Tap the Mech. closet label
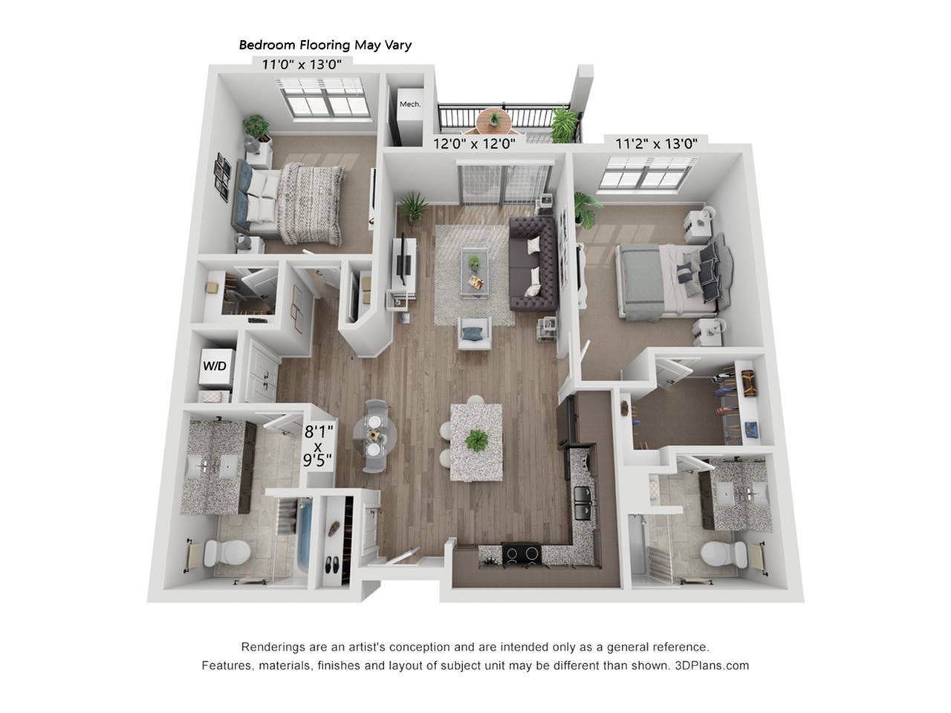coord(410,104)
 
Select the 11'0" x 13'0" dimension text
coord(302,64)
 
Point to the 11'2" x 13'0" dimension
coord(656,144)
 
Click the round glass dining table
coord(374,434)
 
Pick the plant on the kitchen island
coord(475,440)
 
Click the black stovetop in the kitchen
coord(522,553)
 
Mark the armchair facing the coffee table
coord(474,333)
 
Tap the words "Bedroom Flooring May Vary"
coord(325,45)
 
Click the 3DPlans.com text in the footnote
coord(712,665)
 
